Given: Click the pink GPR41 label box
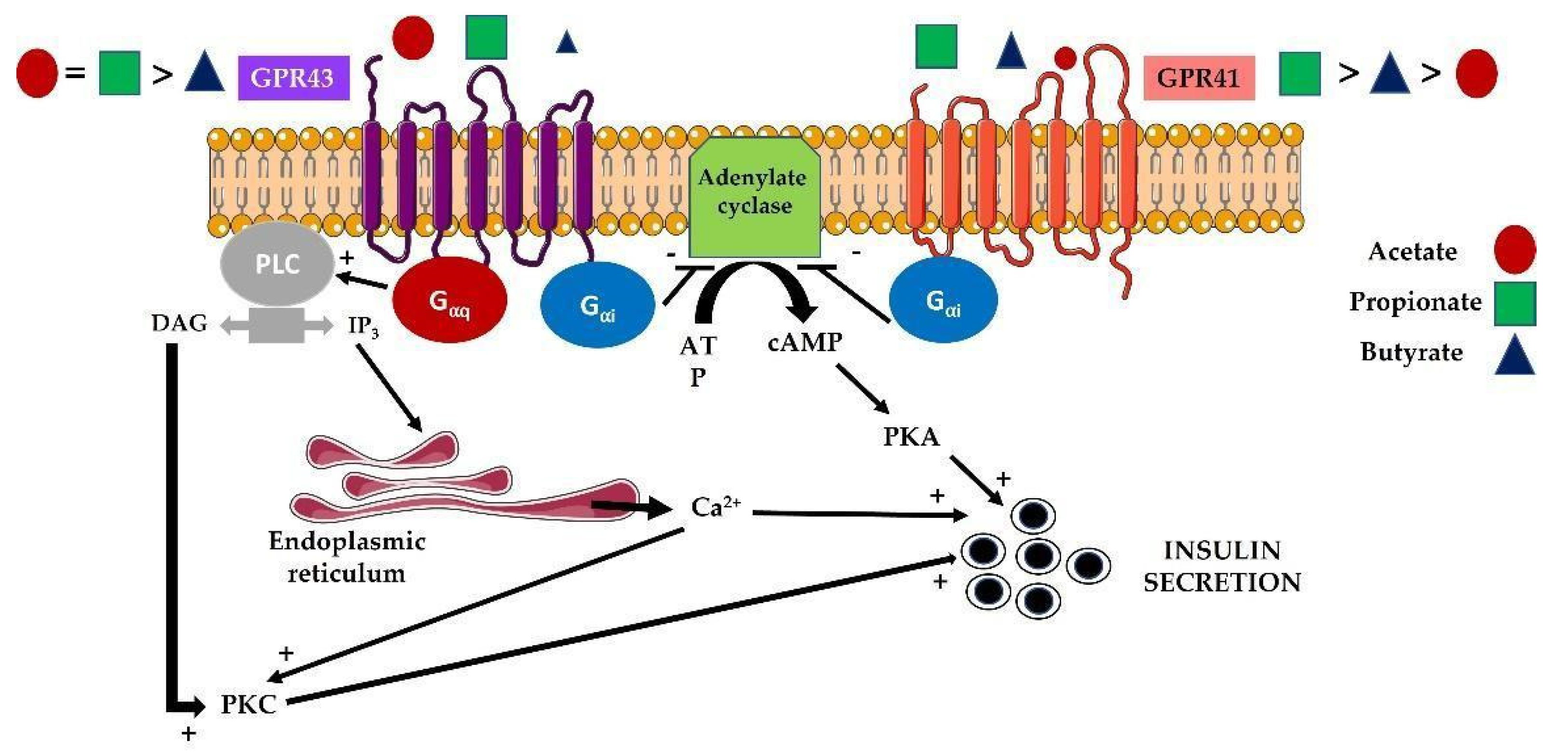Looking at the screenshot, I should [1198, 78].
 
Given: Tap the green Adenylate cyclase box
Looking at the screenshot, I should [754, 196].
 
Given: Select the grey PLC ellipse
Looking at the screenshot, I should [277, 264].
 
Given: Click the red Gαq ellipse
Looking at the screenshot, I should [449, 299].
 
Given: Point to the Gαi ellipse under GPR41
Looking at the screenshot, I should [943, 300].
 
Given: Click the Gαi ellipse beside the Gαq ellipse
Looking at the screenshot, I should [597, 305].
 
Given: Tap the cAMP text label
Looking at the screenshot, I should [804, 342].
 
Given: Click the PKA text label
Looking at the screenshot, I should [911, 437].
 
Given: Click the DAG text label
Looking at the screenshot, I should [179, 324].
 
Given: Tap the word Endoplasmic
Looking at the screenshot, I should [347, 541].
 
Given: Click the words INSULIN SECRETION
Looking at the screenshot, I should [1222, 566].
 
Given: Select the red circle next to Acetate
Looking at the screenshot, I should [1514, 249].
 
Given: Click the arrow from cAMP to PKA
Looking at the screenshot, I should [863, 389].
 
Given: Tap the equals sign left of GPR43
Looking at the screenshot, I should [75, 73].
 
